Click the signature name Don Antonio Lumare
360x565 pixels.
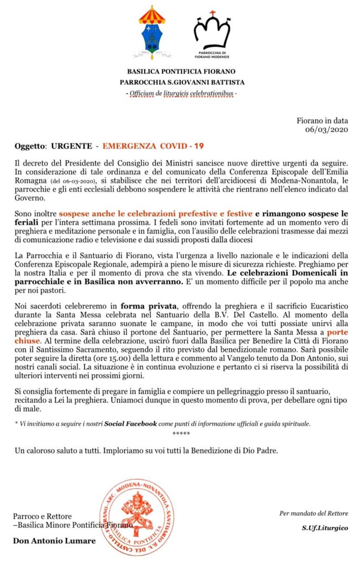(54, 541)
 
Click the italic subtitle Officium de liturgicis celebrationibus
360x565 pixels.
(182, 93)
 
